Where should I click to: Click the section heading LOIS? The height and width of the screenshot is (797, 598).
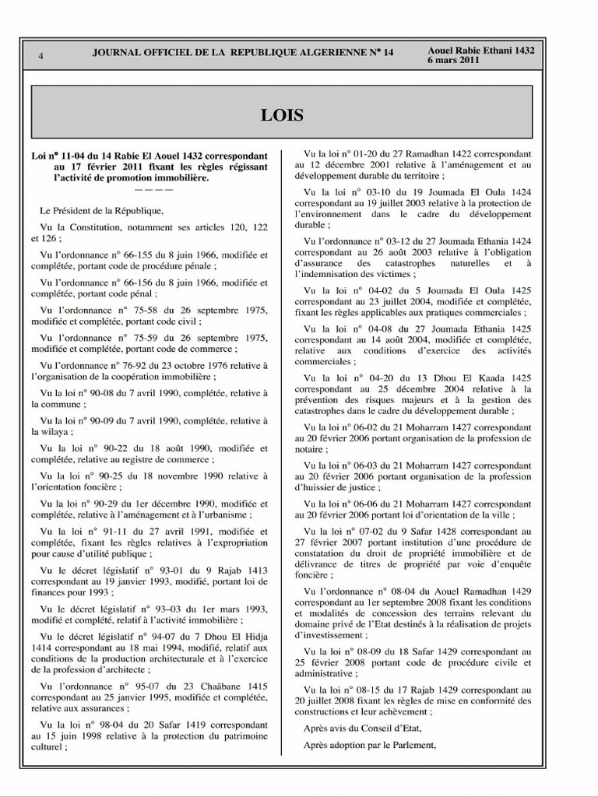coord(282,116)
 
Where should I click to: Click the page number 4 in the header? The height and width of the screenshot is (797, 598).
coord(40,55)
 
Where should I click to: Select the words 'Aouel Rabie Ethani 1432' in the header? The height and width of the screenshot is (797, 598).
coord(481,50)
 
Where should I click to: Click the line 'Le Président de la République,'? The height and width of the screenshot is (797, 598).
coord(102,210)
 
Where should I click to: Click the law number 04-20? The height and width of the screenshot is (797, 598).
coord(374,377)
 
